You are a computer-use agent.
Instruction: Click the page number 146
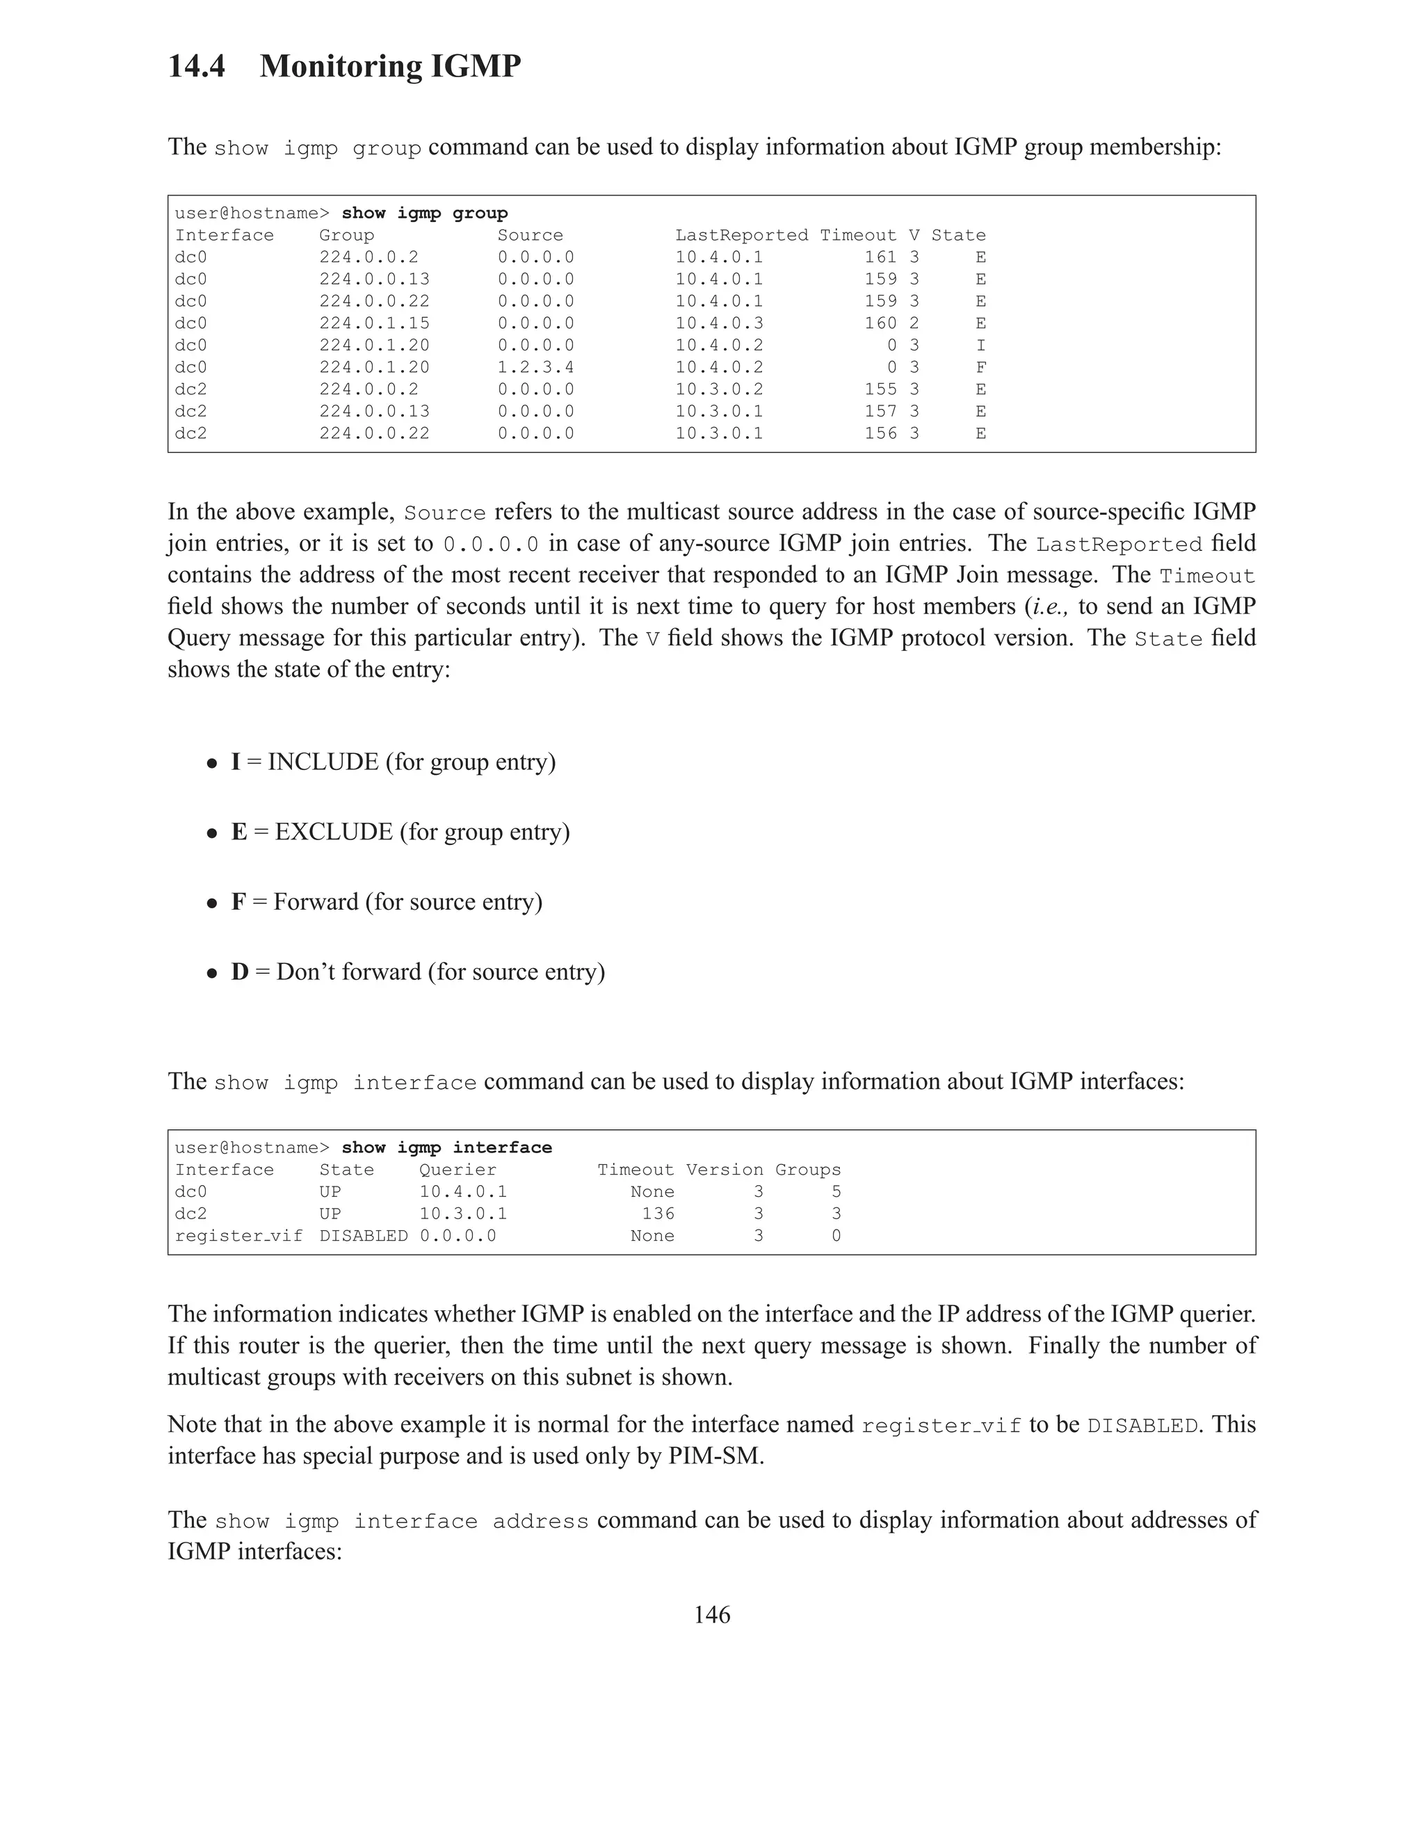click(711, 1614)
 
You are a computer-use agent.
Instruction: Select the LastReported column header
click(741, 236)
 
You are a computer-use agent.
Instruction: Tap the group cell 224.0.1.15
click(373, 323)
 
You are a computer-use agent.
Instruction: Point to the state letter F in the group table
click(980, 367)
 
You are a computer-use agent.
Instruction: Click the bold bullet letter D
click(240, 972)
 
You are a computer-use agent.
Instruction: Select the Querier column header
click(458, 1170)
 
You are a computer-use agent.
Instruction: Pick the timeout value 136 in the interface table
click(657, 1214)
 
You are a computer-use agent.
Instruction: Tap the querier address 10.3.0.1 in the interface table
click(462, 1214)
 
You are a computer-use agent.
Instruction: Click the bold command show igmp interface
click(446, 1148)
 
